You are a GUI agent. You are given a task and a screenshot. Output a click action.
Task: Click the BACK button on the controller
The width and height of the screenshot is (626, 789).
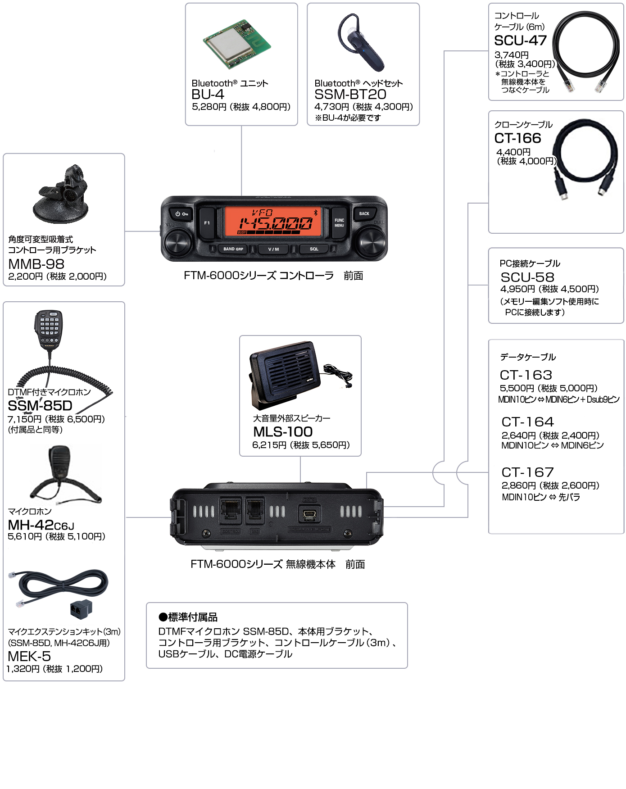pos(364,214)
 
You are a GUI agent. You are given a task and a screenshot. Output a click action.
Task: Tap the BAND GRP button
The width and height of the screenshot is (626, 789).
pos(233,249)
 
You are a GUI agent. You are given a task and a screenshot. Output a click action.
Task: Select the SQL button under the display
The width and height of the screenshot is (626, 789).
pos(314,249)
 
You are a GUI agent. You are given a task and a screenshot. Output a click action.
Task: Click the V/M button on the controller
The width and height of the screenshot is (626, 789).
pos(273,249)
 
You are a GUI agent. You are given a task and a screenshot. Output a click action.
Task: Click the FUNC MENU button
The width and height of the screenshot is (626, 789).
pos(339,223)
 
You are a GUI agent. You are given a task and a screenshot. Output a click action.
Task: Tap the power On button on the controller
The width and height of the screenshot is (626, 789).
pos(181,214)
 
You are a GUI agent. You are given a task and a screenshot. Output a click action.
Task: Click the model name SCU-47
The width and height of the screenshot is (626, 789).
pos(520,41)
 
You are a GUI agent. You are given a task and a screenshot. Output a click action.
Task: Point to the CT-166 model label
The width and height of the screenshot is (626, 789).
pos(517,138)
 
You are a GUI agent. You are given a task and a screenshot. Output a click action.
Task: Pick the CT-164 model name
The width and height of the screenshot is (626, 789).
pos(527,422)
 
